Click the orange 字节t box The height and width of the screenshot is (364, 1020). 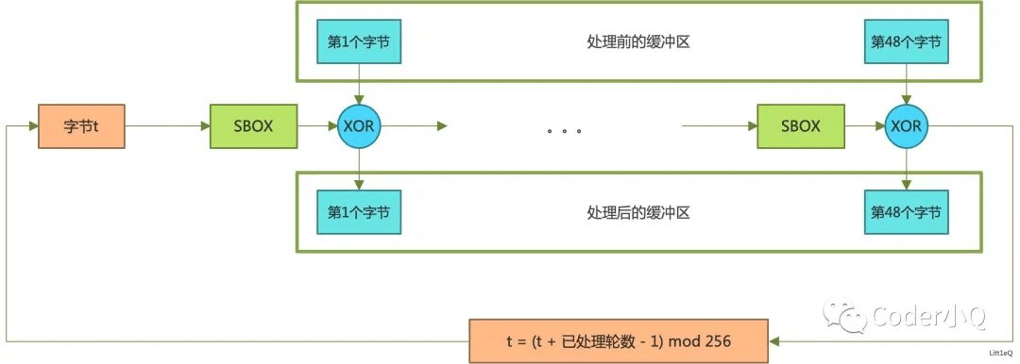tap(81, 126)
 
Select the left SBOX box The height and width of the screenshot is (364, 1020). tap(253, 126)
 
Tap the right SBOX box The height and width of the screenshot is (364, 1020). tap(801, 126)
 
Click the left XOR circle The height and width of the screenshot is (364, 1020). tap(358, 126)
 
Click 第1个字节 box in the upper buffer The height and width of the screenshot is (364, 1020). tap(358, 43)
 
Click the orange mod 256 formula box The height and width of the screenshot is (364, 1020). tap(620, 340)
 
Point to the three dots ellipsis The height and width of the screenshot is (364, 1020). tap(563, 129)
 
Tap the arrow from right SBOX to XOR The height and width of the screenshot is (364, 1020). tap(864, 126)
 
